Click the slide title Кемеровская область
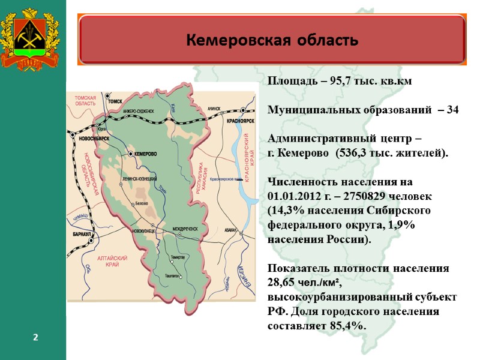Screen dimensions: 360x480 [272, 40]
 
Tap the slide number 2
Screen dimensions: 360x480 [35, 338]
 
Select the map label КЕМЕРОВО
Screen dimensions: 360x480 [145, 154]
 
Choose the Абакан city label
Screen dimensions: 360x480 [230, 230]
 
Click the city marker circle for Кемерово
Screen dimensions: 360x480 [130, 154]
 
